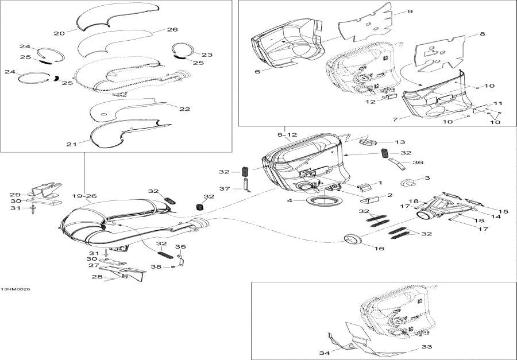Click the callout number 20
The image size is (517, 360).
point(59,33)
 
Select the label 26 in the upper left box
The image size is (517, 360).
point(172,29)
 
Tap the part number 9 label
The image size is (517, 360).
point(410,11)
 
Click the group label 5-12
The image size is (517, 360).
point(287,135)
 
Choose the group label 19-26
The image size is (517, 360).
point(84,196)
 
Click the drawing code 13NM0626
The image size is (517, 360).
point(16,289)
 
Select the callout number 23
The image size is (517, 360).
point(207,55)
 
